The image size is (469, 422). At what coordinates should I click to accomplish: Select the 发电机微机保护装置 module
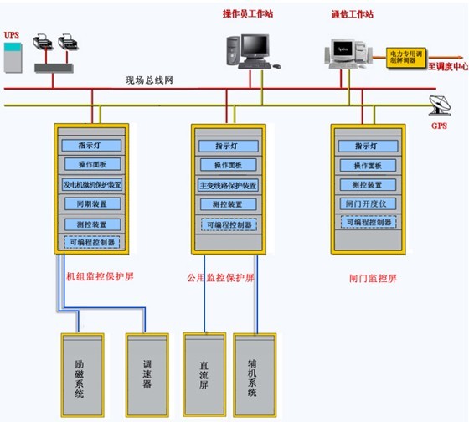point(92,184)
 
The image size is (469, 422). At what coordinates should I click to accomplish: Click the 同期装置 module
point(92,203)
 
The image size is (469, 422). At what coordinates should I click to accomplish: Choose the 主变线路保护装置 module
point(229,185)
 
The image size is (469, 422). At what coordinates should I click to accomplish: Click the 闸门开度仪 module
point(366,203)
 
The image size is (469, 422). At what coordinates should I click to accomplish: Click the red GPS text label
point(439,126)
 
